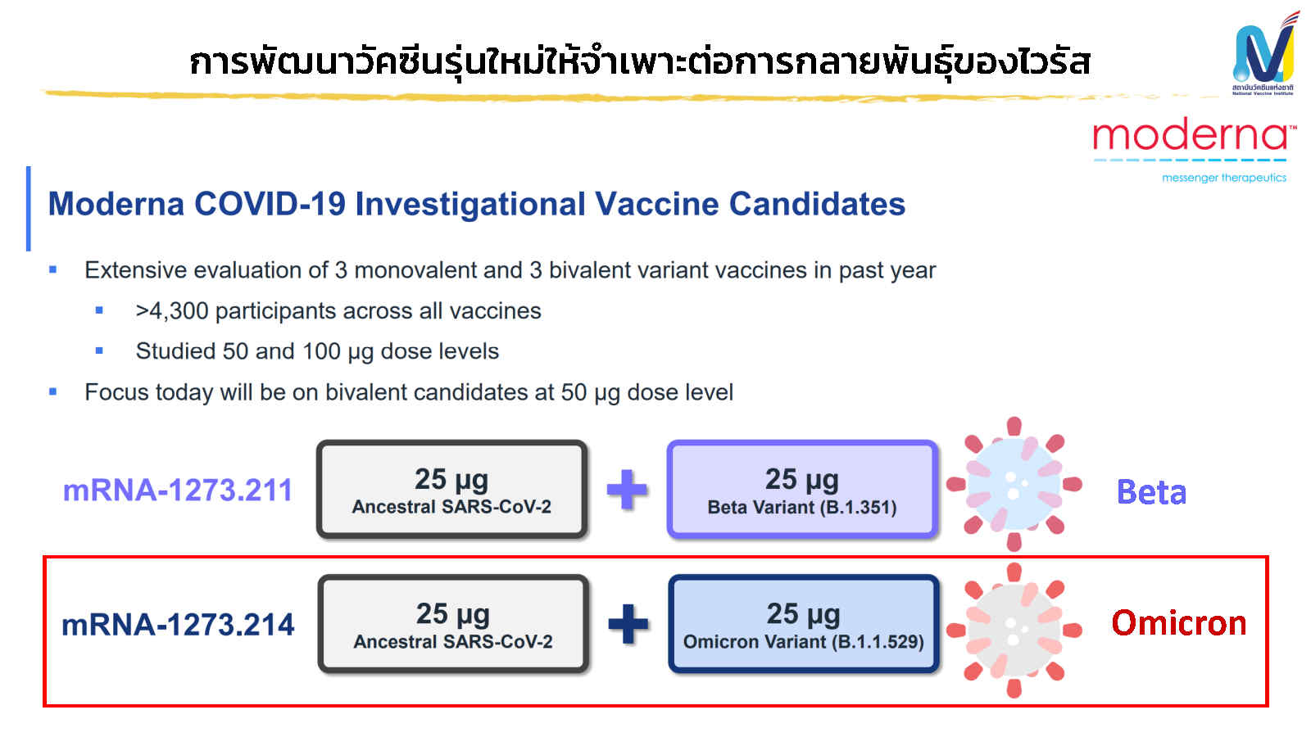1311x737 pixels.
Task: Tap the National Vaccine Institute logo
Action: [x=1264, y=53]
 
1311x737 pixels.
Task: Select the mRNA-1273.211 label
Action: [x=178, y=490]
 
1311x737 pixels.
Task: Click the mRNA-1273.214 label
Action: [x=178, y=625]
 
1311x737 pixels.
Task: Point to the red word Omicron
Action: [x=1178, y=623]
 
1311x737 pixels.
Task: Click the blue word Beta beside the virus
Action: [x=1151, y=492]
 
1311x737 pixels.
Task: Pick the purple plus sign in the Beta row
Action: [x=627, y=490]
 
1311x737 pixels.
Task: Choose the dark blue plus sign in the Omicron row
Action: [x=628, y=625]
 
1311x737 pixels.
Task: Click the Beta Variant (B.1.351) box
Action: [x=802, y=490]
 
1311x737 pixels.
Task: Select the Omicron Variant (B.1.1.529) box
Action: [x=803, y=625]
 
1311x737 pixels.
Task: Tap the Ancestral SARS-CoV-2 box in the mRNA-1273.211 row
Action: [x=451, y=490]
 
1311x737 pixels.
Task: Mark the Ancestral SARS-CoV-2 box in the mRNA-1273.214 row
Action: [x=453, y=625]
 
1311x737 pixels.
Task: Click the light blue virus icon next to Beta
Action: [x=1014, y=485]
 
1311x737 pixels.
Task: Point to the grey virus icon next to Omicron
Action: [x=1014, y=630]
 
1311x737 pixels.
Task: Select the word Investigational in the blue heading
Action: [x=470, y=204]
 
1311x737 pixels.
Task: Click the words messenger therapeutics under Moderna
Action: [x=1223, y=178]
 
